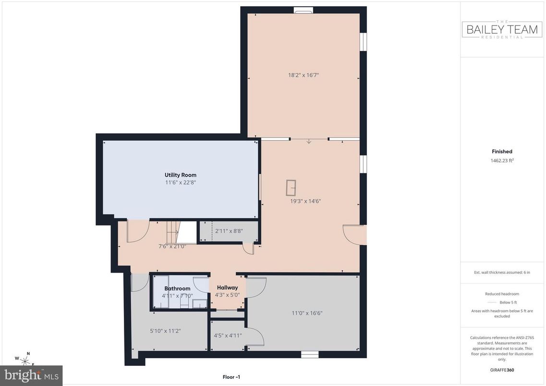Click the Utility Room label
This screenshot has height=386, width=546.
coord(180,175)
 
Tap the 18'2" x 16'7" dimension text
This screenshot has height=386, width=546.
coord(303,75)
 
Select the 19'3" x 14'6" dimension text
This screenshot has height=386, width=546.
coord(305,201)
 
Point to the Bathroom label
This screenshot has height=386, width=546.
coord(177,289)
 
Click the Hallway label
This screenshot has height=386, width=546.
coord(227,288)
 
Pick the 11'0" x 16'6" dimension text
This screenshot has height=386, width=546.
coord(307,313)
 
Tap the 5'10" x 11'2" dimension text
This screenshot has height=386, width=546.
coord(165,331)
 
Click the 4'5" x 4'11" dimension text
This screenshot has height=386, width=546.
coord(228,336)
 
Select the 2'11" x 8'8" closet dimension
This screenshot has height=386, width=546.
coord(229,230)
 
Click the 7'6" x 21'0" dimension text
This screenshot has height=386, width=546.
coord(172,246)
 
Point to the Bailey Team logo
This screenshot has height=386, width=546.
coord(502,30)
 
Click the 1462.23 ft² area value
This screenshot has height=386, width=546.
coord(502,161)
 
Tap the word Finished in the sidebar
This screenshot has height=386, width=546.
coord(502,151)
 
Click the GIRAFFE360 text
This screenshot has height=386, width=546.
coord(502,370)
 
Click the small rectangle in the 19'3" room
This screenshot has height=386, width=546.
coord(291,186)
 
